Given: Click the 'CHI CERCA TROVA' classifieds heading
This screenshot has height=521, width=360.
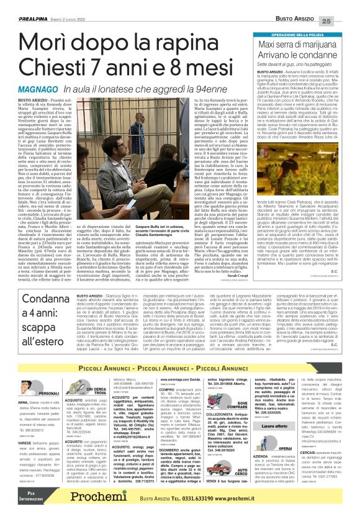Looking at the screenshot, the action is pyautogui.click(x=96, y=374).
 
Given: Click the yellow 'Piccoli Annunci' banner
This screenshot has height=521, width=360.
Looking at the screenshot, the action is pyautogui.click(x=180, y=351).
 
